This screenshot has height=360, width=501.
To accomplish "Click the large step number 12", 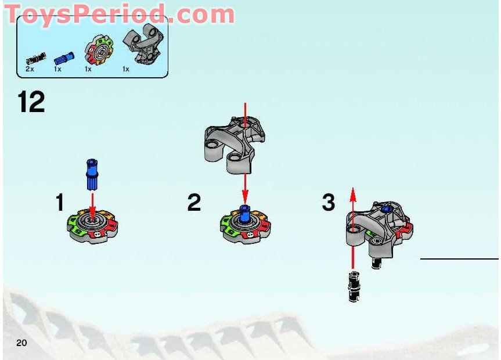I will point(31,103).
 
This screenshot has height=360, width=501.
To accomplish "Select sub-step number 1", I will point(59,203).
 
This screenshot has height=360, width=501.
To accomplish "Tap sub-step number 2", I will point(194,203).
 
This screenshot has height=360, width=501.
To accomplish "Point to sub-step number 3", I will point(329,203).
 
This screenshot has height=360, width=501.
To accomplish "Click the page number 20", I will point(22,343).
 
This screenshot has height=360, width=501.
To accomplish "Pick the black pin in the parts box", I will point(34,58).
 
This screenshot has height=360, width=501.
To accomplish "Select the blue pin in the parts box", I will point(64,57).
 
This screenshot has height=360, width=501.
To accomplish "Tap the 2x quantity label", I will point(30,69).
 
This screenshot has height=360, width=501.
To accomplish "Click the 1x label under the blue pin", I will point(58,69).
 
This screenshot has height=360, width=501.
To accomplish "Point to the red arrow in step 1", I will point(91,203).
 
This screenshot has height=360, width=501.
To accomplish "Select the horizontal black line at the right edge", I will point(459,259).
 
